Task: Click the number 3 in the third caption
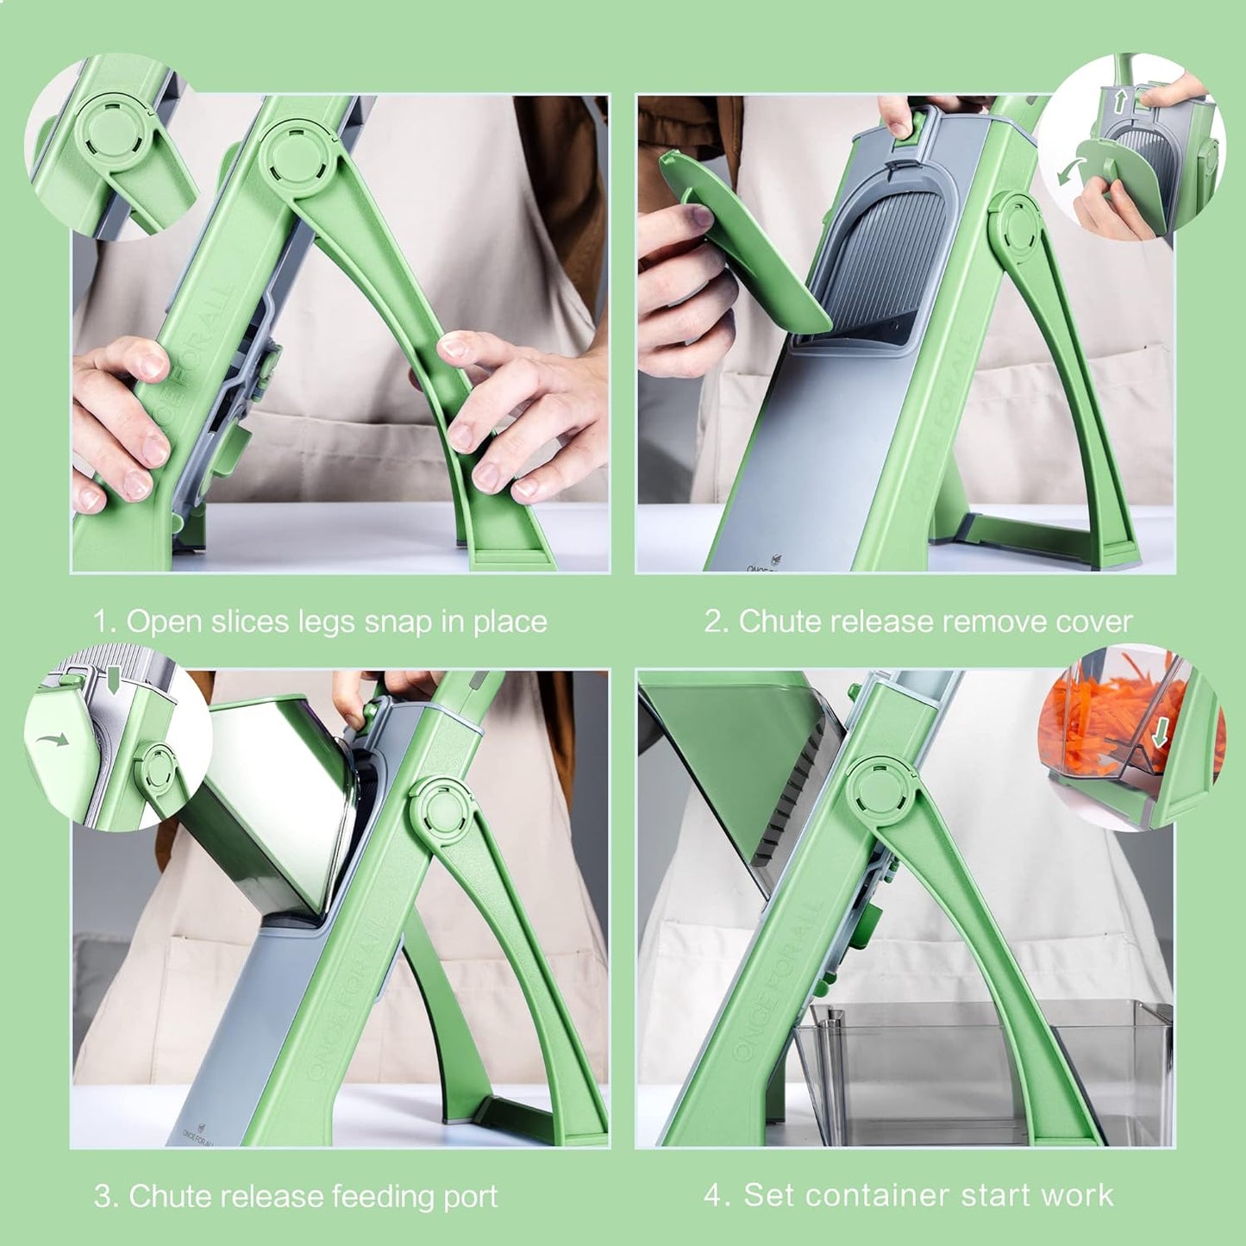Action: (x=103, y=1197)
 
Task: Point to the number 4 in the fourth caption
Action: (x=714, y=1195)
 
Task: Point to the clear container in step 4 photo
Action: (x=983, y=1069)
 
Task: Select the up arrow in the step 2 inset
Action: (x=1119, y=102)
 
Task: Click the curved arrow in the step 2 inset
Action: (x=1069, y=170)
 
